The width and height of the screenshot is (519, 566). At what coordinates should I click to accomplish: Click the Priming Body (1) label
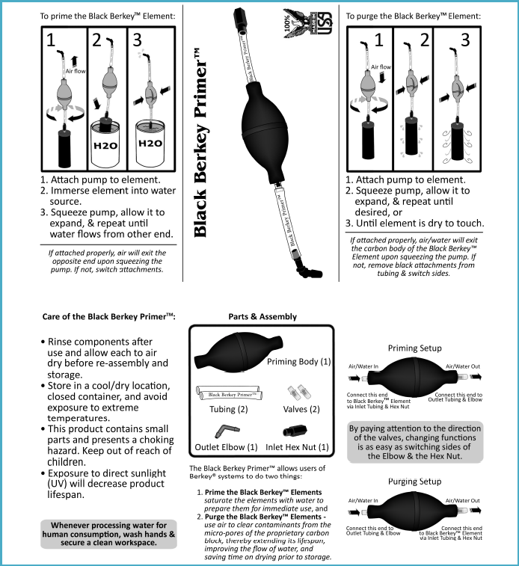298,362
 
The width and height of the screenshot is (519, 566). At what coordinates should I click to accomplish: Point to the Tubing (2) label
228,409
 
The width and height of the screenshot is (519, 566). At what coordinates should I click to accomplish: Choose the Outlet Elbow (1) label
230,447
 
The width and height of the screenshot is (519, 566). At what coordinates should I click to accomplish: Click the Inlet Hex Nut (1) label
298,447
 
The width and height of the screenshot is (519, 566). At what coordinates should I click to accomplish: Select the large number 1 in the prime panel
52,41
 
